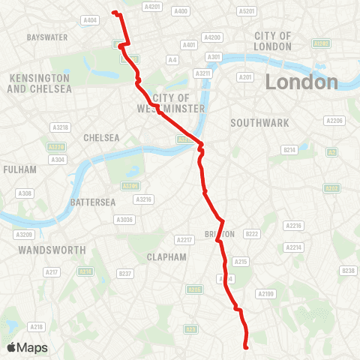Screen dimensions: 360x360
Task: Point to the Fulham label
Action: click(x=19, y=169)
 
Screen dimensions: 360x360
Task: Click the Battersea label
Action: click(x=91, y=202)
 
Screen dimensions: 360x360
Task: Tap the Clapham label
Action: click(x=166, y=256)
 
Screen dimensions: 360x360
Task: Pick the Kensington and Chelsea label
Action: click(x=39, y=83)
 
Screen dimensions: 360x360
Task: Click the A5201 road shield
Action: click(x=246, y=11)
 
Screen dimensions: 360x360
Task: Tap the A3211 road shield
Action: click(x=203, y=73)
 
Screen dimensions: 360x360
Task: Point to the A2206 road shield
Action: click(x=334, y=120)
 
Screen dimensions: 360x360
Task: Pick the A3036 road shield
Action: click(x=124, y=219)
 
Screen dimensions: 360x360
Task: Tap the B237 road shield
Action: click(x=126, y=273)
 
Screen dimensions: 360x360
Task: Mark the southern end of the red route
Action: click(x=247, y=346)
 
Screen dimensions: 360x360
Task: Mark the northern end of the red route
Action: click(x=113, y=12)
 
